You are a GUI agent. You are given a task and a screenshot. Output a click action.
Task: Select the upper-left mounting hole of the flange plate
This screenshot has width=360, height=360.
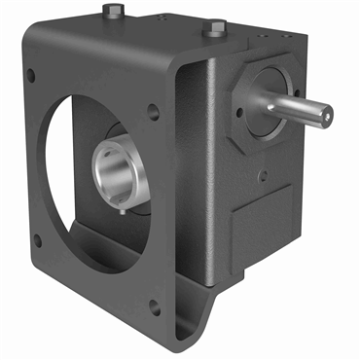click(31, 75)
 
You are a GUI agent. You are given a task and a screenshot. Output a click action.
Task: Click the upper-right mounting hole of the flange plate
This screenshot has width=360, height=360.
click(154, 113)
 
